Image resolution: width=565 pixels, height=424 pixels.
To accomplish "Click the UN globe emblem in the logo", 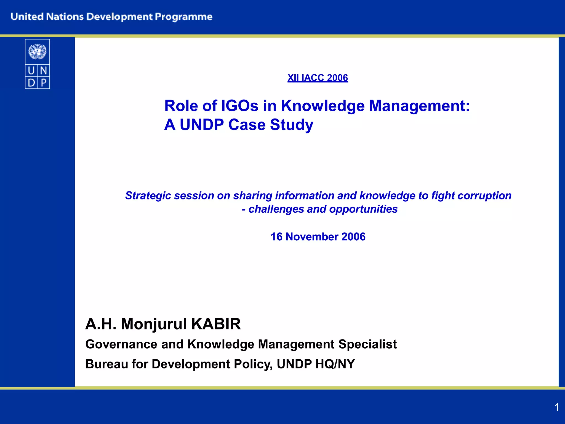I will click(x=37, y=52).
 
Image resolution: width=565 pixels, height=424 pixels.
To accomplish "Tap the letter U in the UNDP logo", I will click(x=31, y=71).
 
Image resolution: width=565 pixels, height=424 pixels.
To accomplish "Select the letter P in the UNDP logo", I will click(x=44, y=83).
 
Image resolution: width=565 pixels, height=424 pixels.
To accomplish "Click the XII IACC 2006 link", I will click(x=318, y=78).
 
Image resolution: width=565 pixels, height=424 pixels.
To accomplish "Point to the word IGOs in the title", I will click(x=240, y=106).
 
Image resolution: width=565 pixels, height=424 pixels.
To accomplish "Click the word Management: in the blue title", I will click(x=419, y=106).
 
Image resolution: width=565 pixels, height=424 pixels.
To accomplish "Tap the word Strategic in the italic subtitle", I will click(x=148, y=196).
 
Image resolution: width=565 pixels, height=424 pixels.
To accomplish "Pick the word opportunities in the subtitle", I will click(x=363, y=209).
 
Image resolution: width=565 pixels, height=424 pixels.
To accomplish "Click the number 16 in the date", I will click(x=276, y=237).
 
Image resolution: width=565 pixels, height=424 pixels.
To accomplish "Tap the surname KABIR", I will click(x=216, y=324).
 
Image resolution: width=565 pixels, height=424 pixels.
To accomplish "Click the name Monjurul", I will click(x=154, y=324).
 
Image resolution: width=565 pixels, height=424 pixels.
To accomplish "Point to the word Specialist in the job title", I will click(x=367, y=344).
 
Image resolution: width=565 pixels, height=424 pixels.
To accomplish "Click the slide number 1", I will click(x=556, y=407).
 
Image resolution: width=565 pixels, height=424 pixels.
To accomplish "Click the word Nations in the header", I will click(x=65, y=17).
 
